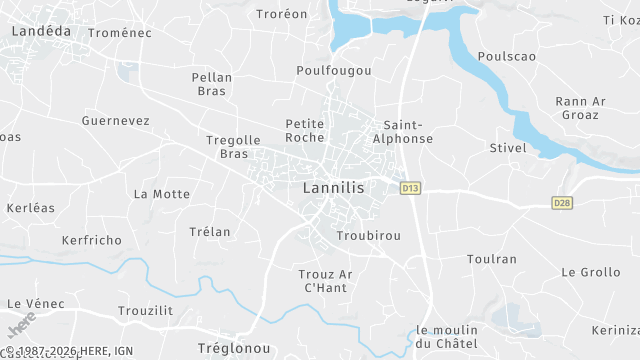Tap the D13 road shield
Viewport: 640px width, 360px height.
(409, 187)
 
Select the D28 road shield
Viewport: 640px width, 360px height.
(562, 203)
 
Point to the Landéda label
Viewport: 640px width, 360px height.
(41, 31)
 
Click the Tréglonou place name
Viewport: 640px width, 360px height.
(234, 347)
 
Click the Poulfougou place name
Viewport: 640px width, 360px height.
(334, 71)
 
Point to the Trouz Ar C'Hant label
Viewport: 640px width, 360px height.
(326, 281)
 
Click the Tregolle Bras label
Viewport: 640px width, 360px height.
(232, 147)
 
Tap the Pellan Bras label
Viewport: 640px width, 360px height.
(211, 84)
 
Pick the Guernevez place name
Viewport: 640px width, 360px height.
(115, 121)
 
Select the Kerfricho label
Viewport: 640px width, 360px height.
(91, 241)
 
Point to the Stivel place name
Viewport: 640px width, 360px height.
(508, 148)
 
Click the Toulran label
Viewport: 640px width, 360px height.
(492, 259)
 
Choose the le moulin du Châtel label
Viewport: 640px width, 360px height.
(447, 337)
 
